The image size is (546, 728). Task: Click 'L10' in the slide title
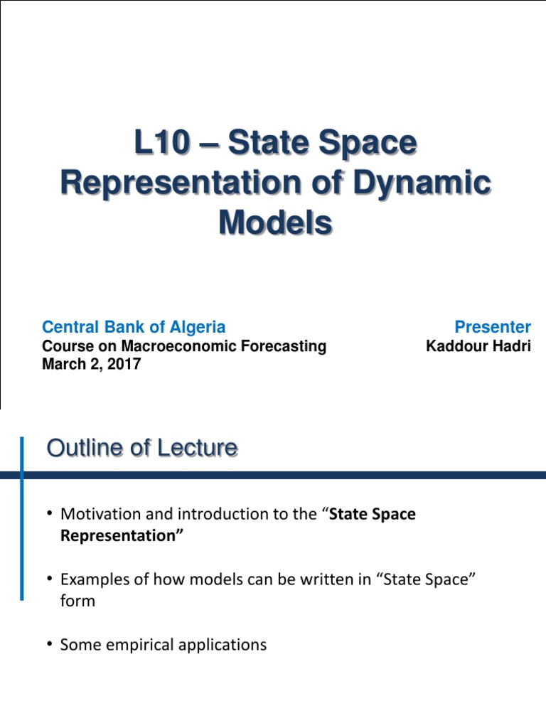[x=163, y=144]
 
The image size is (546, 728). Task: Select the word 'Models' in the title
[x=275, y=223]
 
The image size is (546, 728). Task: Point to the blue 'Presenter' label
[x=493, y=327]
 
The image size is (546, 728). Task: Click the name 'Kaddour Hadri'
[x=478, y=347]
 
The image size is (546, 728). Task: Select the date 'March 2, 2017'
[x=92, y=365]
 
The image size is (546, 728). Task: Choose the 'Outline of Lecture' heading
[x=141, y=448]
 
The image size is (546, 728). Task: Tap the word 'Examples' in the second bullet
[x=94, y=579]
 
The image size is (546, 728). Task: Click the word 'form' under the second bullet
[x=77, y=601]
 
